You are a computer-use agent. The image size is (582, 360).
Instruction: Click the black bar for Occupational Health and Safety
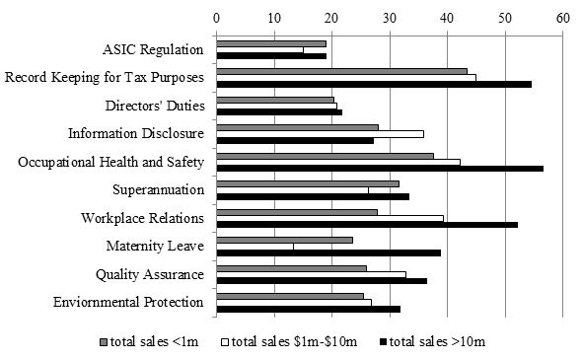[x=380, y=169]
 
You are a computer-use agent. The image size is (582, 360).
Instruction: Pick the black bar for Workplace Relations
[x=367, y=225]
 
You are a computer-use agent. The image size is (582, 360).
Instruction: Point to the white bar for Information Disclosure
[x=320, y=133]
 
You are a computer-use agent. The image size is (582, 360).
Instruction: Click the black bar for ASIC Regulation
[x=271, y=56]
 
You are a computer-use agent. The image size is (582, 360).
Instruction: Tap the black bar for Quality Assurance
[x=322, y=281]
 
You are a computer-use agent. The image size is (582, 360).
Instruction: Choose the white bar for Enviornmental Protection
[x=294, y=302]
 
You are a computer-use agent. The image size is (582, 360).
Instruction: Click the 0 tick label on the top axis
[x=217, y=17]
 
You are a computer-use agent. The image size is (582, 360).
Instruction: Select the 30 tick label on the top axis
[x=390, y=17]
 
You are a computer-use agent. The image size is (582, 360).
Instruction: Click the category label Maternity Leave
[x=155, y=246]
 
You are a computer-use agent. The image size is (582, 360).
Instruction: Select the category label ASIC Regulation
[x=153, y=49]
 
